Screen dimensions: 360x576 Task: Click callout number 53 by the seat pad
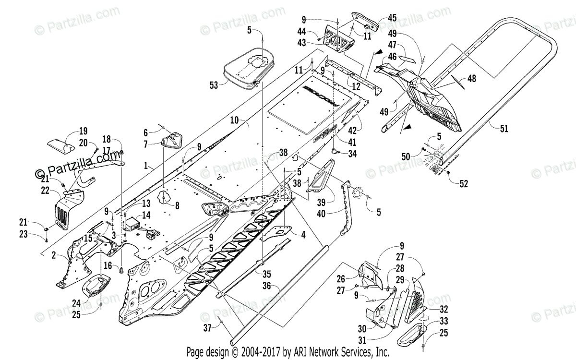(214, 85)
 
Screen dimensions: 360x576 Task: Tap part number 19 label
(83, 130)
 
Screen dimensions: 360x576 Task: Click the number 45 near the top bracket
(392, 18)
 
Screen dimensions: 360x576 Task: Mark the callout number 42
(365, 130)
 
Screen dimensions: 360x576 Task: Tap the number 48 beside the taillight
(471, 79)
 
